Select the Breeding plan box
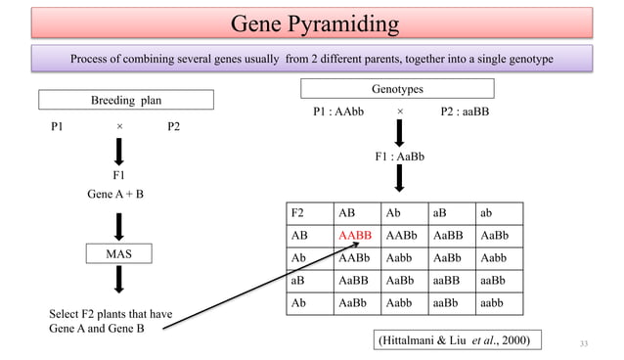[x=126, y=100]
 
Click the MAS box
[x=118, y=254]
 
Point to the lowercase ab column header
[x=487, y=213]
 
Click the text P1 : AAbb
[x=338, y=112]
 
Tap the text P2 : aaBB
[x=466, y=112]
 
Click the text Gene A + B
[x=115, y=194]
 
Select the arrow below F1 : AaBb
[x=399, y=179]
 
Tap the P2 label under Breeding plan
[x=172, y=127]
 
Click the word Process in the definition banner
[x=95, y=59]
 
